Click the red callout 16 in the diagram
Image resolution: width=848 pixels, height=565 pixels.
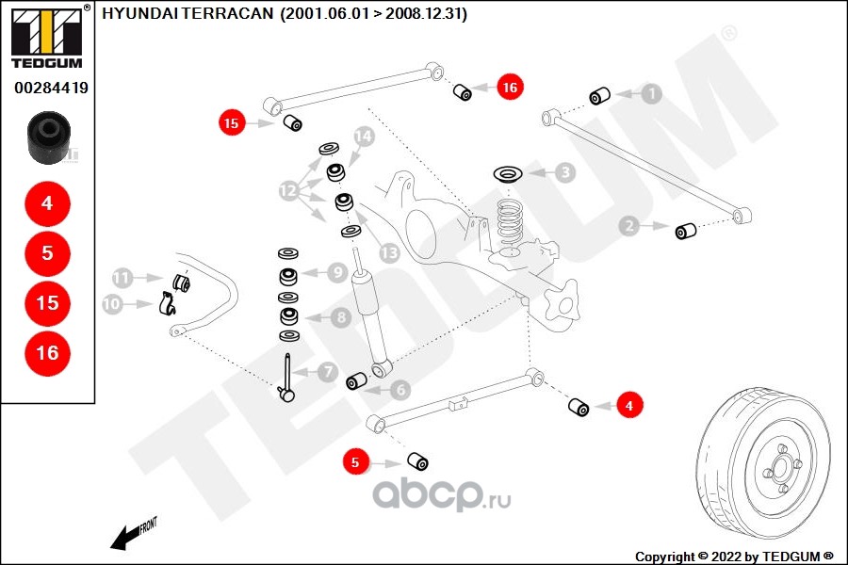click(510, 88)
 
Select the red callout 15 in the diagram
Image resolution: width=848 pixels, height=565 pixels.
click(233, 122)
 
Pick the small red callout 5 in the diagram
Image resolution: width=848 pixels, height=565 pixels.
click(355, 462)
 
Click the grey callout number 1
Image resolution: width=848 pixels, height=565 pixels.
click(652, 93)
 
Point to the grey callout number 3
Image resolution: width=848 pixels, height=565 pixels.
click(563, 172)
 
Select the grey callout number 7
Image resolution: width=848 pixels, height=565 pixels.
click(327, 373)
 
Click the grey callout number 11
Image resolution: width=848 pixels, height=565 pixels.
click(122, 278)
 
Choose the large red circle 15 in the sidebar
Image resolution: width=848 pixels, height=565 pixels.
click(47, 303)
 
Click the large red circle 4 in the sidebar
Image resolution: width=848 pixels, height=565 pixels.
click(47, 202)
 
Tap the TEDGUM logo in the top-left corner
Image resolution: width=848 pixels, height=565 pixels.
click(46, 38)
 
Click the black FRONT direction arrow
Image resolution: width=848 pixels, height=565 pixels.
click(123, 538)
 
